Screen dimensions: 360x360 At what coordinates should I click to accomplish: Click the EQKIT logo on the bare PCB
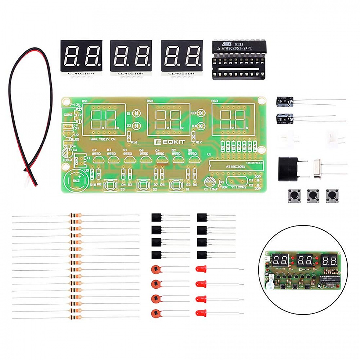[x=169, y=141]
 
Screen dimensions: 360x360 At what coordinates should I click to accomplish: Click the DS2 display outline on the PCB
[x=169, y=119]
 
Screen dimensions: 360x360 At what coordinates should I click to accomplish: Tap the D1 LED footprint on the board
[x=137, y=114]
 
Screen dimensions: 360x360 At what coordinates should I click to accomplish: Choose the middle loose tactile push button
[x=313, y=195]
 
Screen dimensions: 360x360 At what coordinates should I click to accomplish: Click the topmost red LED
[x=201, y=269]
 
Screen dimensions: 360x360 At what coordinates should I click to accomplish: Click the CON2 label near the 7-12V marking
[x=68, y=115]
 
